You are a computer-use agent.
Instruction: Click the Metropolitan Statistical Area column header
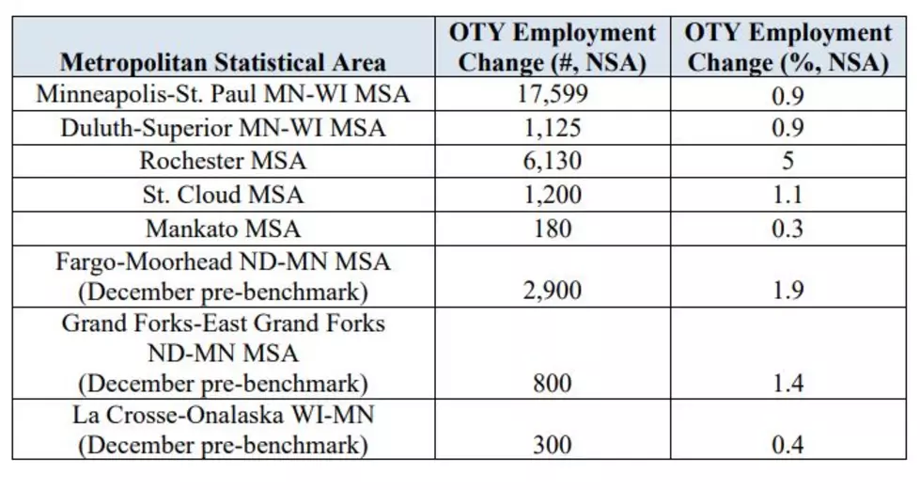223,62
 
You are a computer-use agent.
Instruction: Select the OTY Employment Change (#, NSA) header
553,47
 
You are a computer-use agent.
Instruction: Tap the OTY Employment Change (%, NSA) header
788,47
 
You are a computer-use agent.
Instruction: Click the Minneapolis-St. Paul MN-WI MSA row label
223,94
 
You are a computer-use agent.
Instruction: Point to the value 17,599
553,95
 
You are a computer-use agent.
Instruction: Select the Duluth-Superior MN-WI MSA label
223,128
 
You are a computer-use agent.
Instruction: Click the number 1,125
553,128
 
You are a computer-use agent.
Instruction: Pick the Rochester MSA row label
223,161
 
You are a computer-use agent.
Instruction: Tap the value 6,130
553,162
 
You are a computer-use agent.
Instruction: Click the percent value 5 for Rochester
788,161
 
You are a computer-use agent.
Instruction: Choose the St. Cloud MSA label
223,195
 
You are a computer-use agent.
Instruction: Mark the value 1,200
553,195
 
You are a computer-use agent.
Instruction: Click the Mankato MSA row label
223,229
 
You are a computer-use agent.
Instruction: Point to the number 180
553,229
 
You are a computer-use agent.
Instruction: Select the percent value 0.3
788,229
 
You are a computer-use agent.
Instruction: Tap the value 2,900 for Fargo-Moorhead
553,291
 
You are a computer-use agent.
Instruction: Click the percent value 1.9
788,291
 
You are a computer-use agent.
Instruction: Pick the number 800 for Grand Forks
553,383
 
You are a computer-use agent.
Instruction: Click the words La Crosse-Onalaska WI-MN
223,415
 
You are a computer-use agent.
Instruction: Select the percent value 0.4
788,445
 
